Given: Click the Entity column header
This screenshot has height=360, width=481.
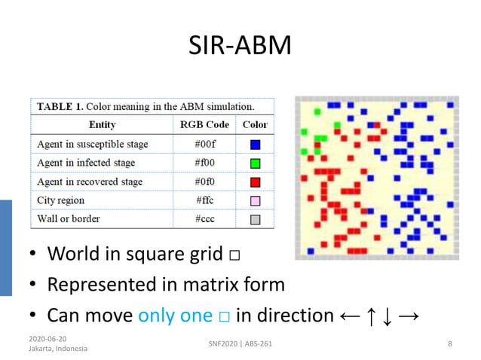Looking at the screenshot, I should click(102, 124).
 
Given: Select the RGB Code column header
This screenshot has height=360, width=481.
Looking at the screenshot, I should click(204, 124).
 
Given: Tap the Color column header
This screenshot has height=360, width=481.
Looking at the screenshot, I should click(255, 124).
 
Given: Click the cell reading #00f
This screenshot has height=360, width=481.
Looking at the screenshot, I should click(204, 144).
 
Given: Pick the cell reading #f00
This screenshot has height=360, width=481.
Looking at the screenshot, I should click(204, 163).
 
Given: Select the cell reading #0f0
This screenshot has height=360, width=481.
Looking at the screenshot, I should click(204, 182).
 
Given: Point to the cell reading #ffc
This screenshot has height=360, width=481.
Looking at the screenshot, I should click(204, 200).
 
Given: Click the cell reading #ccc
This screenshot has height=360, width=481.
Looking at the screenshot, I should click(204, 219).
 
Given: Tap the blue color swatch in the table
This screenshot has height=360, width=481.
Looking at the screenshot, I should click(255, 145).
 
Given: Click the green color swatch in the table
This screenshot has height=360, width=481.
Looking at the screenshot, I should click(255, 163).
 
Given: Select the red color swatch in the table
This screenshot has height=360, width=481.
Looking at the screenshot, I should click(255, 182).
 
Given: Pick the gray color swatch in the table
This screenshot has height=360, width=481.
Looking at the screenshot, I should click(255, 220).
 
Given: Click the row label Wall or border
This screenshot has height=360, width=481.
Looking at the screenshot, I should click(69, 219).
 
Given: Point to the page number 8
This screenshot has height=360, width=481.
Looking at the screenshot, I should click(450, 344).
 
